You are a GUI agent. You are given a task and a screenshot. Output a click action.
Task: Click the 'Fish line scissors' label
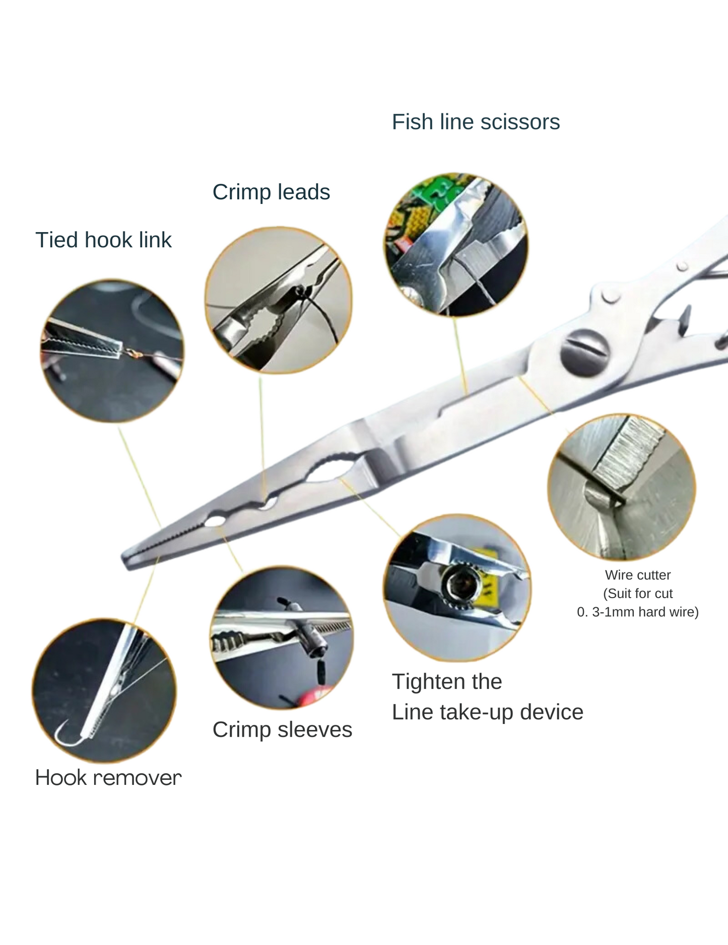coord(476,122)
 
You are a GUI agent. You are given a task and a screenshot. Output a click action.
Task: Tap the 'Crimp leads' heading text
coord(271,192)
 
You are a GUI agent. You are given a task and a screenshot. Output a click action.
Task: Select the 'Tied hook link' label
coord(103,240)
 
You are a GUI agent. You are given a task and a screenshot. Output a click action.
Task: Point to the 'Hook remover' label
coord(108,778)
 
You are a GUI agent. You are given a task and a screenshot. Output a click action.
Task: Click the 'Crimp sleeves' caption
coord(282,730)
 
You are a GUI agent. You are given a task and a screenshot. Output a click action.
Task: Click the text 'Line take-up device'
coord(487,712)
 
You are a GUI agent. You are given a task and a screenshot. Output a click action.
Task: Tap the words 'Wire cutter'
coord(637,575)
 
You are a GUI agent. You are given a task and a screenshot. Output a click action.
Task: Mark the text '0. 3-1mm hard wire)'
coord(637,612)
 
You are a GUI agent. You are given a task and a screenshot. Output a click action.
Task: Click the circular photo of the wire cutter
coord(621,487)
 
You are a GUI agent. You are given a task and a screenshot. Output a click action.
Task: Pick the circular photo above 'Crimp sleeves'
coord(282,637)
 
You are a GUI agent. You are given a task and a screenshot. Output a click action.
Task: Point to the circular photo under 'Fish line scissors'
coord(456,245)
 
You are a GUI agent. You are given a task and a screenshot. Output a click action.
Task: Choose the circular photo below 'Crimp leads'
coord(278,300)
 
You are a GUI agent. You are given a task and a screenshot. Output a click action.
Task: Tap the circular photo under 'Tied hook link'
coord(112,351)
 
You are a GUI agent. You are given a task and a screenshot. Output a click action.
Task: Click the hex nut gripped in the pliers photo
coord(459,585)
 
